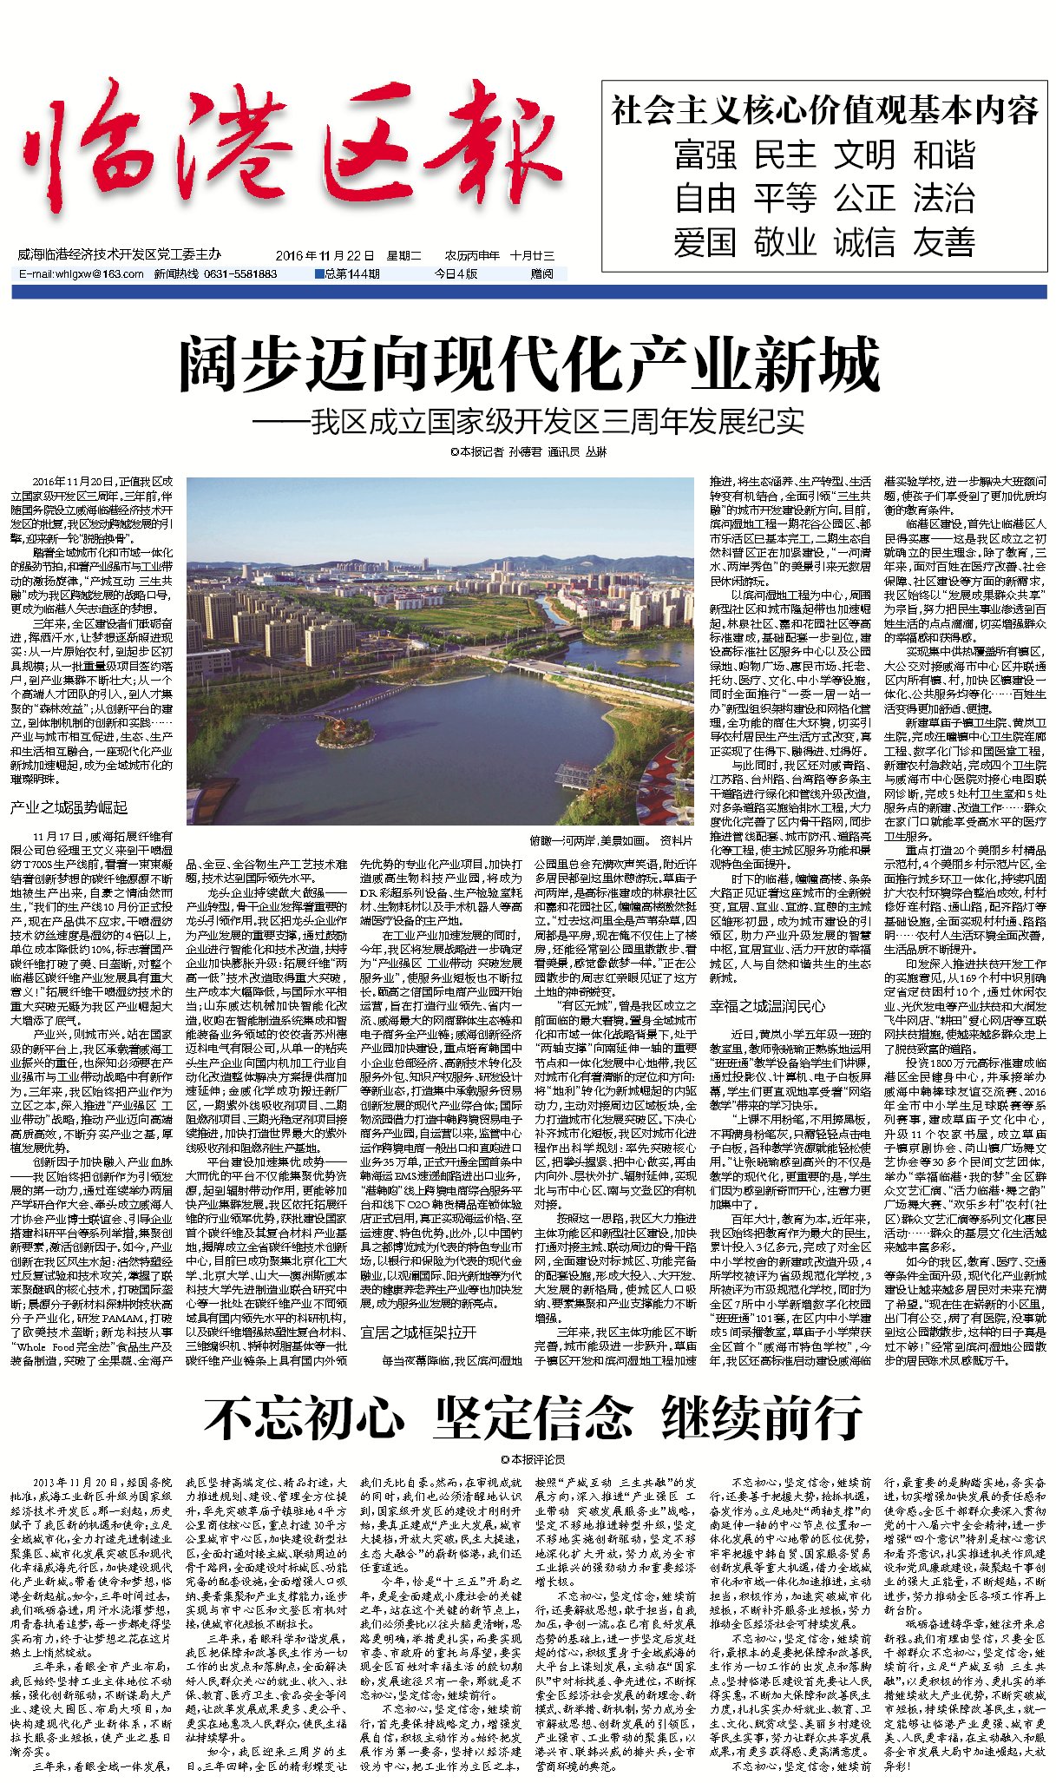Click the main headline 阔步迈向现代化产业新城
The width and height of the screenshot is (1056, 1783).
click(x=528, y=365)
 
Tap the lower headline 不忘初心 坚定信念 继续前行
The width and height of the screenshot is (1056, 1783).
click(x=533, y=1418)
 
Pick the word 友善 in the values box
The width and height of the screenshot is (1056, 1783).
click(x=943, y=242)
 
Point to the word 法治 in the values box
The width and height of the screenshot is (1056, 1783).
click(x=943, y=199)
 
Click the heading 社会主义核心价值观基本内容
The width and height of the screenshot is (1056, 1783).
click(x=823, y=111)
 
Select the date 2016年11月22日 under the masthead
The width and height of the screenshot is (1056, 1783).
click(x=325, y=256)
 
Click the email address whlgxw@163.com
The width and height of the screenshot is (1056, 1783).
click(x=82, y=273)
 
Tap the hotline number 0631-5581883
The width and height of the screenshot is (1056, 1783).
click(x=240, y=273)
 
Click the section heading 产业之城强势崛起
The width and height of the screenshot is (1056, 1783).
click(x=69, y=807)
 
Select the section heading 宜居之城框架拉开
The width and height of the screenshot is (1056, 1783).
click(x=418, y=1332)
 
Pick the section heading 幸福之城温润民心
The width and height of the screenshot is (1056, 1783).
click(x=768, y=1006)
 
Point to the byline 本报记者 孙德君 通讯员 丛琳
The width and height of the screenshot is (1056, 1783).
click(x=528, y=452)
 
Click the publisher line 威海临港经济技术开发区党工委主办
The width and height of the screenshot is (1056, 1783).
click(x=119, y=254)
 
